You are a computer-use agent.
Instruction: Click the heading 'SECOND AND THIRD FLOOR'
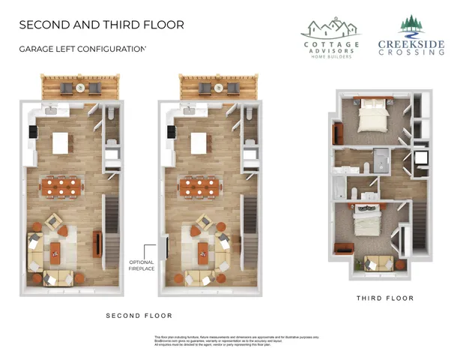click(x=101, y=24)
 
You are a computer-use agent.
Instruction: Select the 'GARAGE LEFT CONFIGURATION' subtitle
click(x=82, y=49)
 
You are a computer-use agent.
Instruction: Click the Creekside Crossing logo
click(x=410, y=37)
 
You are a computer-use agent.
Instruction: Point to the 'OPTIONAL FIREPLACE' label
click(x=142, y=265)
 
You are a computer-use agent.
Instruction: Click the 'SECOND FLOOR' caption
click(x=139, y=315)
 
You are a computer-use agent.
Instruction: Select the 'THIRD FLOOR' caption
click(x=384, y=298)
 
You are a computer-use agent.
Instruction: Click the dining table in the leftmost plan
click(x=63, y=187)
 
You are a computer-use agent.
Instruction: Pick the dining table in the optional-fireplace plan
click(x=200, y=187)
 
